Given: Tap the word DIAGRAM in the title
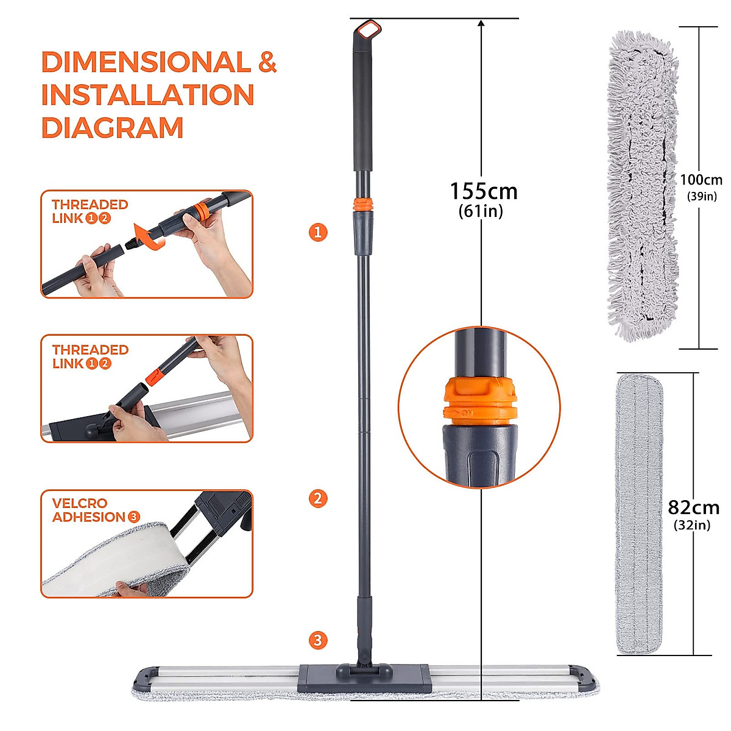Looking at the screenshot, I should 112,128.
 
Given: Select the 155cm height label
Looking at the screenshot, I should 483,191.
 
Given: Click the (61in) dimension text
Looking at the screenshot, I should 481,211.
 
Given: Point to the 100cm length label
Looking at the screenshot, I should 701,180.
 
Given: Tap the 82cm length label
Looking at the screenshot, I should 693,507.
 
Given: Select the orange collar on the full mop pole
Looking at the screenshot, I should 362,205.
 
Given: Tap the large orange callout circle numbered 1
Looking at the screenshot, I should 318,232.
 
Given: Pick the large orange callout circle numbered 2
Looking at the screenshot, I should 318,498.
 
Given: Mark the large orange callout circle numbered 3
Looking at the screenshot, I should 318,640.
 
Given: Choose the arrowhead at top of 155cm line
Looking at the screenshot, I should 481,24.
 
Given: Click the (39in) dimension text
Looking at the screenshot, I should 702,196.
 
